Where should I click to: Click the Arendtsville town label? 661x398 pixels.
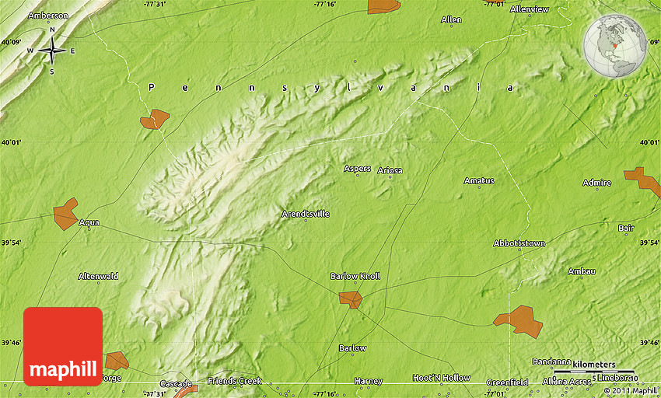306,213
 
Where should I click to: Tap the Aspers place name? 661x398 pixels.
357,169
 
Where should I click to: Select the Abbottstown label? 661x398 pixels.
519,243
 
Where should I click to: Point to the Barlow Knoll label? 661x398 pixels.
355,276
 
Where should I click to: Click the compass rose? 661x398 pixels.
52,51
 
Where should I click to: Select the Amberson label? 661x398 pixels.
47,16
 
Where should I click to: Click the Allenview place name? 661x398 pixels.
529,9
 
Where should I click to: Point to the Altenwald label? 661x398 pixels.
98,276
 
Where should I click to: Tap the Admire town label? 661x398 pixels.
596,183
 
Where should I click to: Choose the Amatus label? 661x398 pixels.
479,181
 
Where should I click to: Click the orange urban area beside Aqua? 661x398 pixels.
65,214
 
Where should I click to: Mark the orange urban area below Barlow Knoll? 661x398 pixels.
350,298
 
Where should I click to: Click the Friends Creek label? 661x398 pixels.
235,381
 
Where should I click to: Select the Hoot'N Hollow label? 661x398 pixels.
441,378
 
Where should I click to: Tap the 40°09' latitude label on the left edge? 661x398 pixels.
12,42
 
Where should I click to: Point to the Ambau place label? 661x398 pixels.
581,271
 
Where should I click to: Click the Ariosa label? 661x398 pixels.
390,170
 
